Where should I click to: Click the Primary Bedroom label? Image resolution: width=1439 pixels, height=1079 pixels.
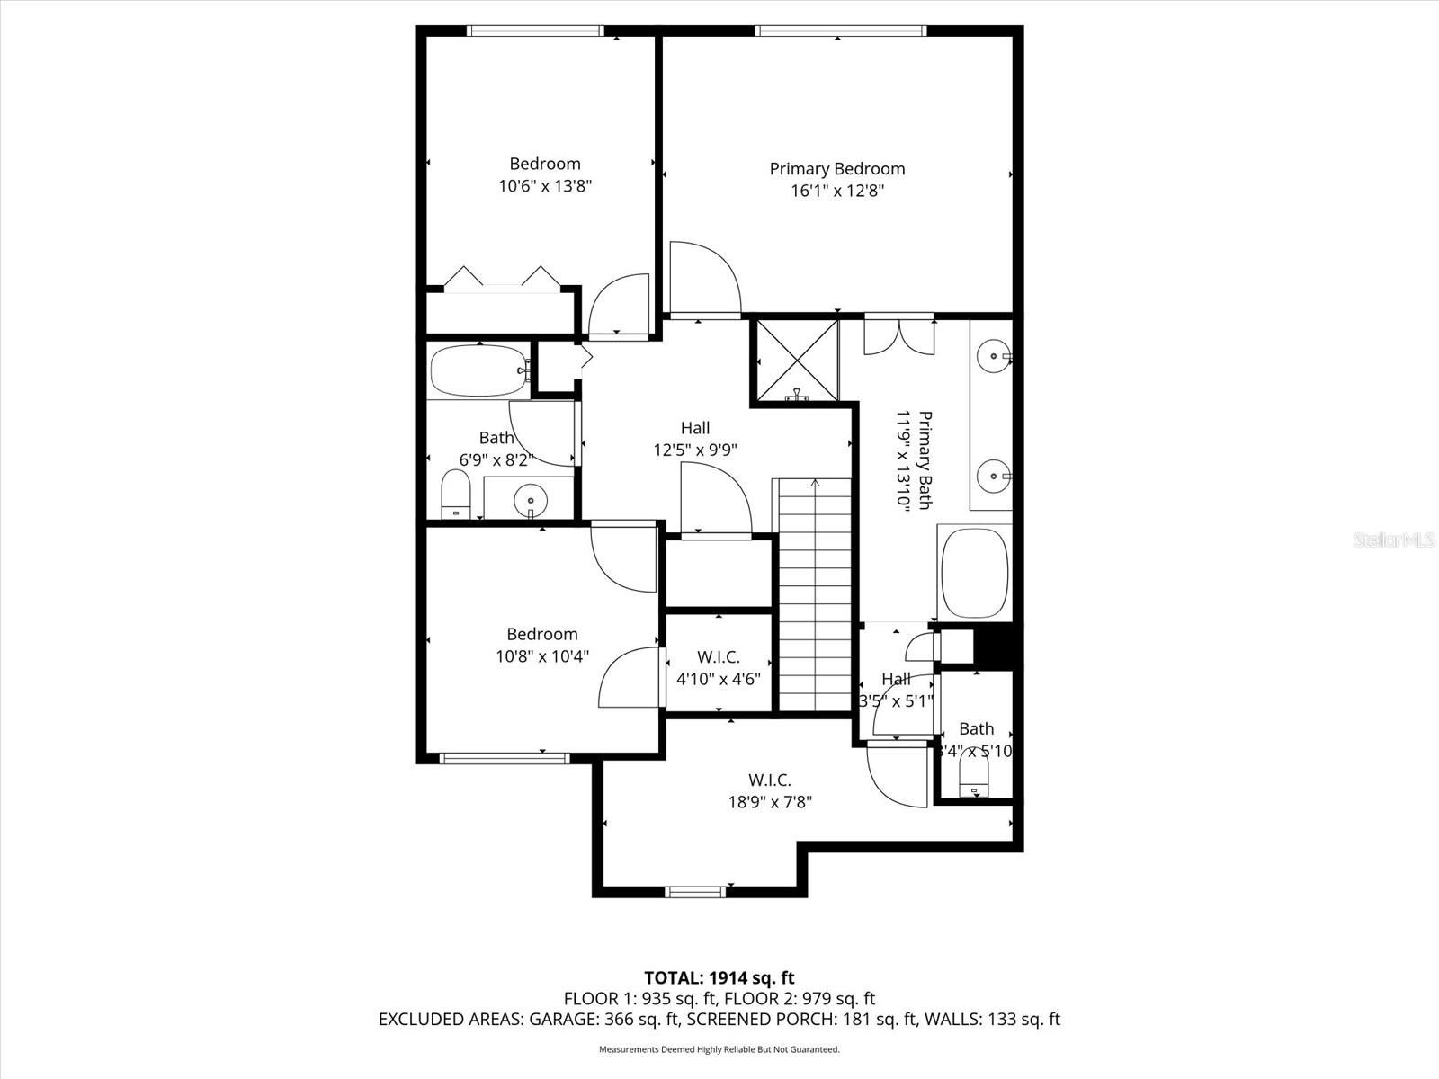836,169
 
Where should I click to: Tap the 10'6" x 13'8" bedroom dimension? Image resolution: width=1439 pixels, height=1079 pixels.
545,186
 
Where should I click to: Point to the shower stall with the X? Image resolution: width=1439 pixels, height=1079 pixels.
796,360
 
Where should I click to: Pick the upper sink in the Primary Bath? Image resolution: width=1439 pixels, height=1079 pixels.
993,357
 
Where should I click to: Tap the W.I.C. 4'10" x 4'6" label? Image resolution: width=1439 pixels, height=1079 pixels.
719,668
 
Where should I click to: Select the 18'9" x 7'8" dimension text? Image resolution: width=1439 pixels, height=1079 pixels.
770,802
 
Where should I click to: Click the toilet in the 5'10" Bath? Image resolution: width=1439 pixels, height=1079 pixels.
973,773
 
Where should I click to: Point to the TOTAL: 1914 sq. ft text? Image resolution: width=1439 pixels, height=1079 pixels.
719,977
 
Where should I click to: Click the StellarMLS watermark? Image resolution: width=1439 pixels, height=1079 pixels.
1394,540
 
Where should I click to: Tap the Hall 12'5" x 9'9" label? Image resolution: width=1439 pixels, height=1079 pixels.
695,439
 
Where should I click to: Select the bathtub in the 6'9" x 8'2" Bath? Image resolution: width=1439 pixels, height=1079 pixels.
478,371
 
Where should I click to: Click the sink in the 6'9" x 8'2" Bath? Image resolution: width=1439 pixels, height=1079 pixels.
531,500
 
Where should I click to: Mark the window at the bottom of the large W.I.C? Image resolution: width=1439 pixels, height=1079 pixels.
695,892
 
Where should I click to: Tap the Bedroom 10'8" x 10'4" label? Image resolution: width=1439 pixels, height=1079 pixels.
542,645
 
